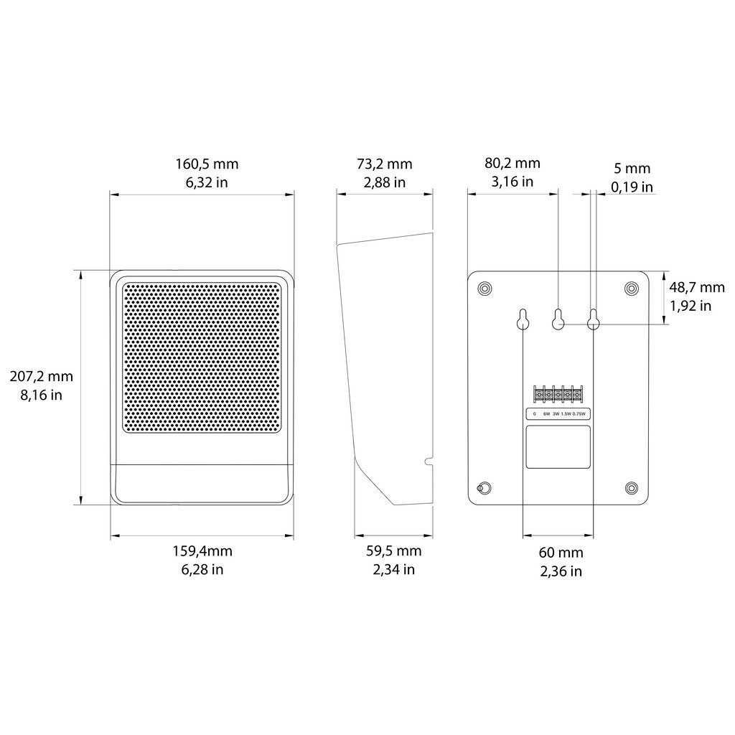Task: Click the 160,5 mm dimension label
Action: click(207, 164)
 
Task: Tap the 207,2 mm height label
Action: click(41, 376)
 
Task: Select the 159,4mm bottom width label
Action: click(202, 551)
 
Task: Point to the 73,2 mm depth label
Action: click(385, 164)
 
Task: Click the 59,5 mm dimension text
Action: click(394, 551)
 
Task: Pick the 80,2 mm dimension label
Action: click(512, 163)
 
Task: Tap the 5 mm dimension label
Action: click(632, 168)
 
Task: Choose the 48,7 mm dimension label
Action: click(697, 287)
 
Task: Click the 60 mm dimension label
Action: click(561, 553)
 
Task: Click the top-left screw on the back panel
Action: click(484, 288)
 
